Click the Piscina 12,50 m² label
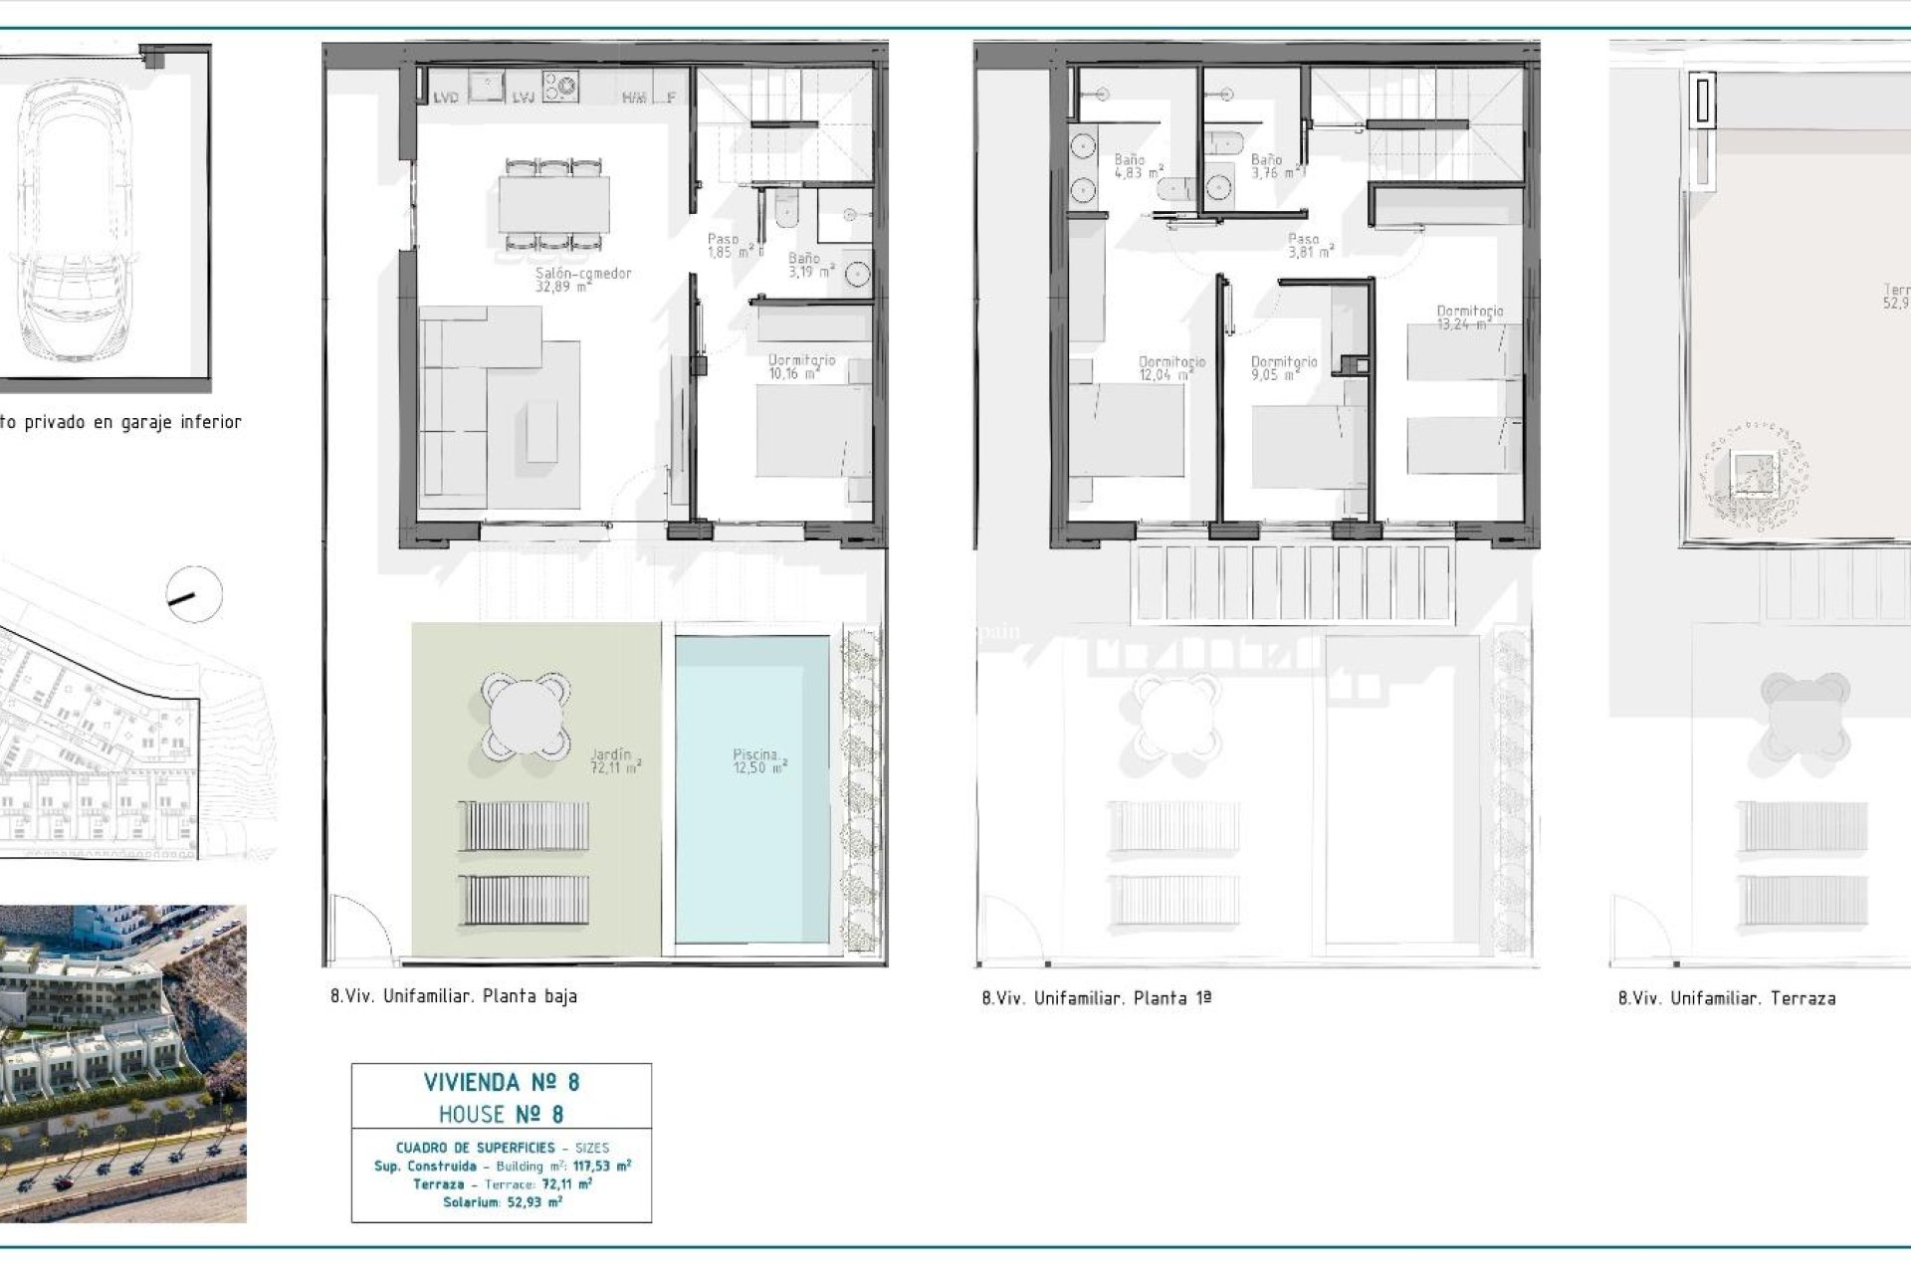coord(759,761)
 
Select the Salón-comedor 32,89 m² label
coord(583,280)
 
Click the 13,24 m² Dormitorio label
coord(1469,318)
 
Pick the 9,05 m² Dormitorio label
coord(1283,368)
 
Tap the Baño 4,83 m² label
coord(1138,165)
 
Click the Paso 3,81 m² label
coord(1309,246)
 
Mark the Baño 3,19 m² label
coord(809,265)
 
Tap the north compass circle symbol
coord(194,594)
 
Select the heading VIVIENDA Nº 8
coord(502,1082)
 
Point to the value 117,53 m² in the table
coord(602,1166)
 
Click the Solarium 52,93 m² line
coord(502,1202)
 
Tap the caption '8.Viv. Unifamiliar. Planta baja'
coord(454,996)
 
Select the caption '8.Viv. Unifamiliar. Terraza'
coord(1727,998)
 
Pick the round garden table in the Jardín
coord(526,716)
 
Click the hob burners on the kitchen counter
coord(560,86)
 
